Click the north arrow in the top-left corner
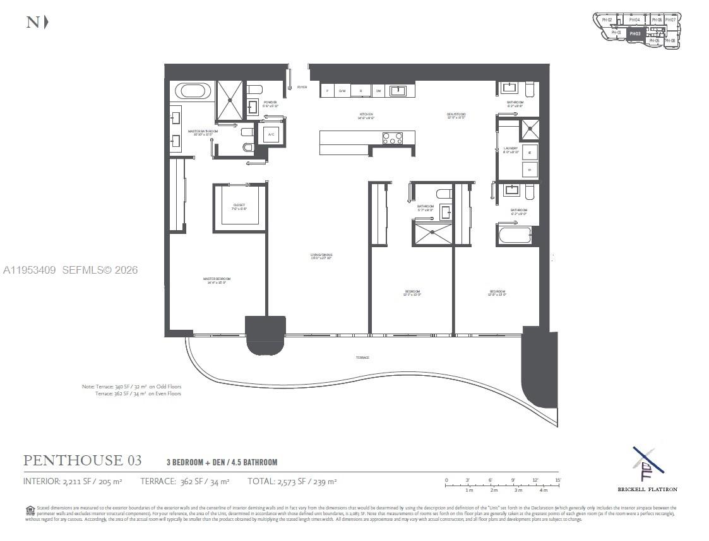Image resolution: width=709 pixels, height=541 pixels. pos(37,22)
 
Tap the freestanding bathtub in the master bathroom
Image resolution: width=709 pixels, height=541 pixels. pos(192,91)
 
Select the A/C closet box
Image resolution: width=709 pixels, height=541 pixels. pos(271,134)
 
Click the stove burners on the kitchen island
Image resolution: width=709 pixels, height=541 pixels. pos(392,137)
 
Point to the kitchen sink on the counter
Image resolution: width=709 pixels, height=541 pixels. pos(397,91)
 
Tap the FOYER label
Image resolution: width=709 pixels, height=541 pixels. pos(302,87)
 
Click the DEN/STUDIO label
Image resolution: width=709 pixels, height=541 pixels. pos(456,115)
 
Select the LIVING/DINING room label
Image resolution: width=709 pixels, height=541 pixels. pos(321,256)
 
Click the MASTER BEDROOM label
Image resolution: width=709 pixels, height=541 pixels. pos(217,280)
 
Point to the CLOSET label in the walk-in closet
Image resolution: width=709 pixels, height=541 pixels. pos(239,206)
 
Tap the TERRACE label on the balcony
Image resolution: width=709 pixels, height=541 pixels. pos(362,358)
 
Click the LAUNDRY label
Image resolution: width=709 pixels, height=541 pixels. pos(511,150)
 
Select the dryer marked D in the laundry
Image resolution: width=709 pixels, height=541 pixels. pos(530,169)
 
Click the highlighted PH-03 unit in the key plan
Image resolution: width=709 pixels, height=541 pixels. pos(635,33)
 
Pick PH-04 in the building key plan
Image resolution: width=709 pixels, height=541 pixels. pos(635,20)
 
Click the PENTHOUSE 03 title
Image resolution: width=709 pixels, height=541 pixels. pos(83,460)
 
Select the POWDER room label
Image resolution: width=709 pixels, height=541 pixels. pos(270,103)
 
